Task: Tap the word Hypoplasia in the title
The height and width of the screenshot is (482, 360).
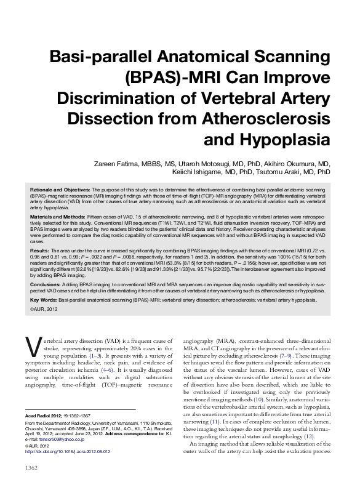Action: pos(288,139)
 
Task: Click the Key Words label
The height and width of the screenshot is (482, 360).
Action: pos(42,299)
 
